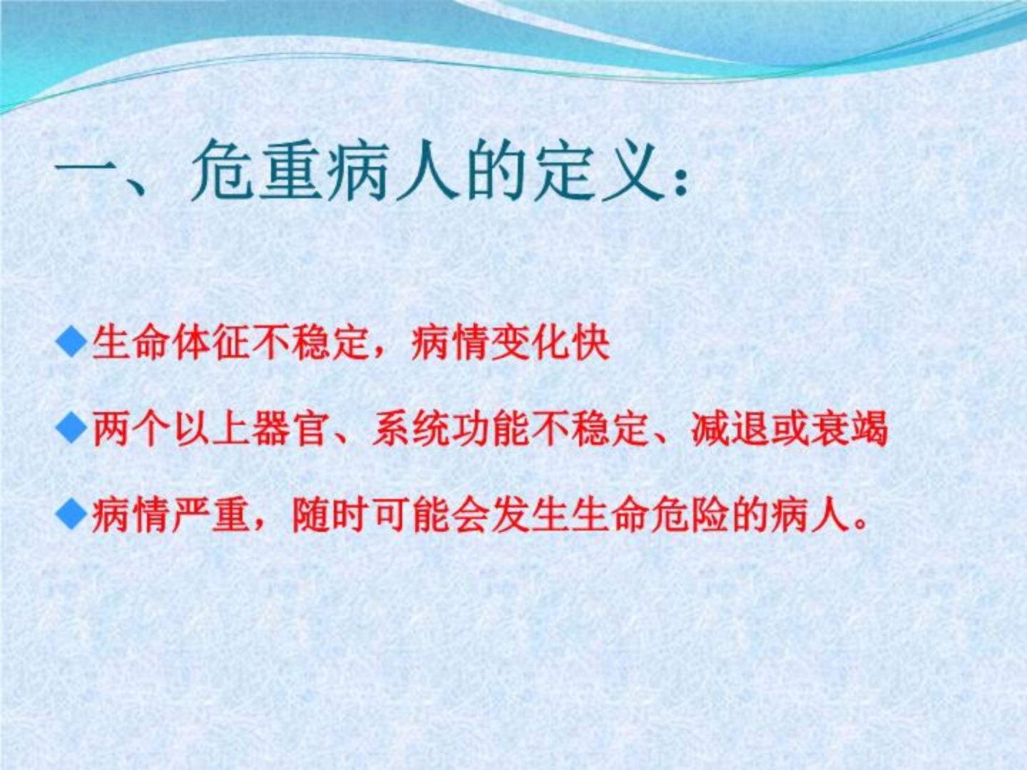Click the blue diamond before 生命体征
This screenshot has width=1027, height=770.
[x=71, y=343]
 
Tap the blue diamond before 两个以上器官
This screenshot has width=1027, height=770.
[x=71, y=427]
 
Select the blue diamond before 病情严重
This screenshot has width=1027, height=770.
[x=71, y=513]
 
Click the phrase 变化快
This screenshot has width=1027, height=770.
[x=550, y=344]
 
